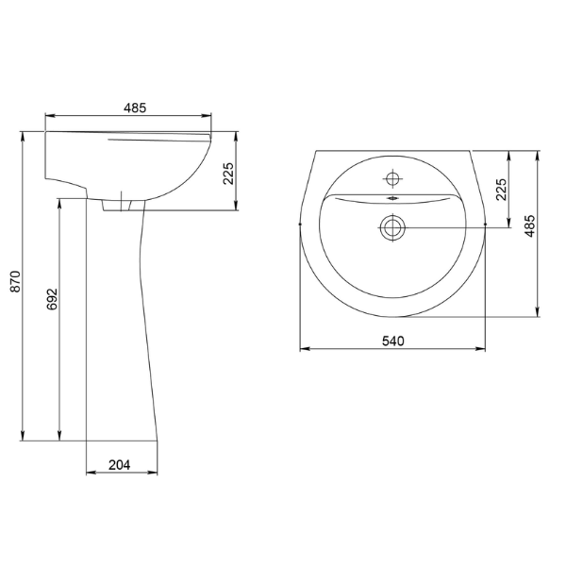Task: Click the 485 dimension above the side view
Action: click(x=135, y=108)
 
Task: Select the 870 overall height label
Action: click(x=16, y=281)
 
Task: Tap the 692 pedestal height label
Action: click(x=52, y=299)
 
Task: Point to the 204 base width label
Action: click(x=120, y=465)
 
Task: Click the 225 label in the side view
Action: click(x=228, y=174)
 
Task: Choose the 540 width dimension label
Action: click(x=393, y=341)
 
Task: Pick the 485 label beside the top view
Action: click(x=530, y=226)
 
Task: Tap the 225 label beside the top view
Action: click(x=501, y=190)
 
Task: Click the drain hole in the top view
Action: click(x=392, y=227)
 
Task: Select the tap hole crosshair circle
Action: click(x=392, y=178)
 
